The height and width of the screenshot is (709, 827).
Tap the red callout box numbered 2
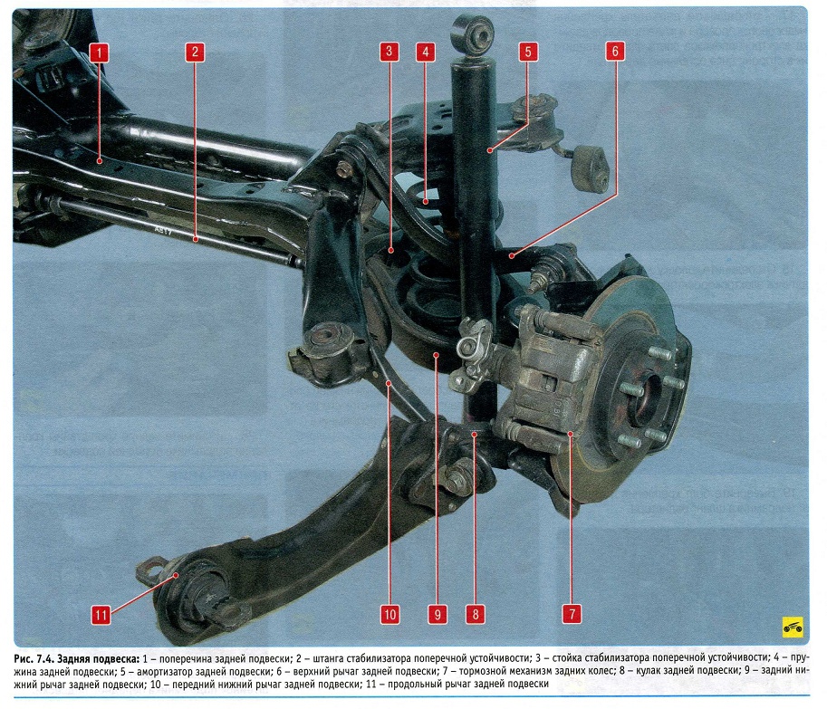[x=193, y=52]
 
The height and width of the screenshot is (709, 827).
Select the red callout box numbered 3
[x=388, y=52]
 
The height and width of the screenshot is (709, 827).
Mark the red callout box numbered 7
[x=572, y=615]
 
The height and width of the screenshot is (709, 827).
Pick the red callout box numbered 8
[x=473, y=615]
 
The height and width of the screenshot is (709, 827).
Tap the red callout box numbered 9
[x=436, y=615]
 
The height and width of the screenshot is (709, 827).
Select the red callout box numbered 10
[x=389, y=615]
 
